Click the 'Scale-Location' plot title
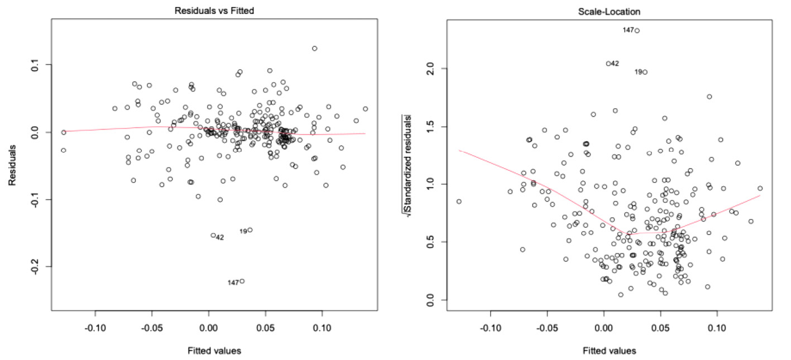[608, 10]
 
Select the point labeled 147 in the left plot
[242, 281]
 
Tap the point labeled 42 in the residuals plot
[213, 236]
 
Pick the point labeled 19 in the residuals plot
[250, 230]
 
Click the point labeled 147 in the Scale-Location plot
[637, 31]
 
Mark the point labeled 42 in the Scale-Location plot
[608, 64]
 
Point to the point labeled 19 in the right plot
[645, 72]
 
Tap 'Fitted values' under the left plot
[213, 351]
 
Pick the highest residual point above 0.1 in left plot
[314, 49]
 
